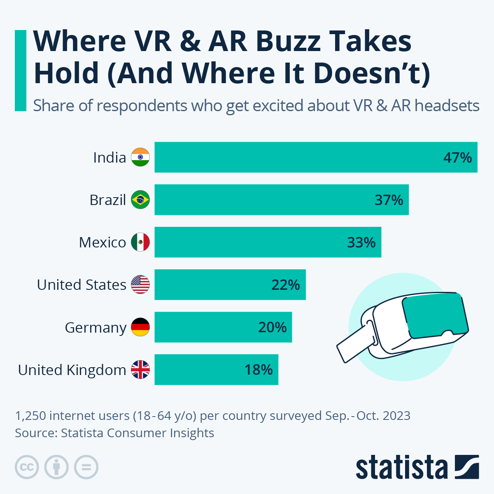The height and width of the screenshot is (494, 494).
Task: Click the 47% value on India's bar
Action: click(457, 158)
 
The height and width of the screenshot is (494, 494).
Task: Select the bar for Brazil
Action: click(282, 200)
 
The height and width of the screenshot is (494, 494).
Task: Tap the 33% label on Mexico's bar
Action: click(361, 242)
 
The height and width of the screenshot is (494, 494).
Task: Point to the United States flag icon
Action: click(140, 284)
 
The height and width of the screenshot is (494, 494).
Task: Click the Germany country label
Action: click(96, 328)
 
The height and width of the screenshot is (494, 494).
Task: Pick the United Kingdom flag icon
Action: click(140, 370)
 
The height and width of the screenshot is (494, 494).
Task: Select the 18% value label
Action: click(259, 370)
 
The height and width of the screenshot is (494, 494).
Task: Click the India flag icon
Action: click(140, 157)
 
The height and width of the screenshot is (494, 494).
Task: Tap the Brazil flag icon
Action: click(140, 200)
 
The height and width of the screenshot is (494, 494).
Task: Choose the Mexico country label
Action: click(103, 242)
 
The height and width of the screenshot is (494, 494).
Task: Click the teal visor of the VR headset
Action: click(435, 314)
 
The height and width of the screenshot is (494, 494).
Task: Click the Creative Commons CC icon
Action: click(27, 467)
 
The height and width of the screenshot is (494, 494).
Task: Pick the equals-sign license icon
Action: click(86, 467)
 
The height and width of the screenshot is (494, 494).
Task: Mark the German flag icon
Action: click(140, 327)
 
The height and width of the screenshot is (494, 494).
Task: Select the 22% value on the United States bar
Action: click(285, 285)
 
